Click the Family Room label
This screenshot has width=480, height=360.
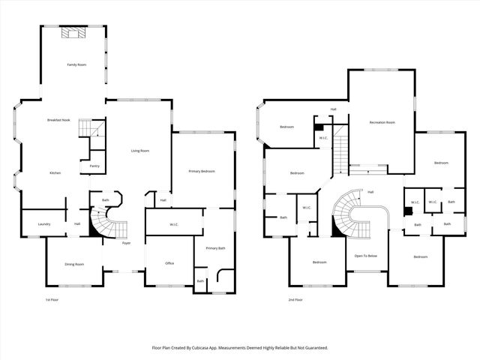76,65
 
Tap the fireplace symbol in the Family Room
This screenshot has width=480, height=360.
73,32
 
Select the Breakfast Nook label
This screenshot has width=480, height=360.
58,121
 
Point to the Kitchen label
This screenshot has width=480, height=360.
55,173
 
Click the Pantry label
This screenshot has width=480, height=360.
94,166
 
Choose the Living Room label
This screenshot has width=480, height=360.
140,151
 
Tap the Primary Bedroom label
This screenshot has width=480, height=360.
202,172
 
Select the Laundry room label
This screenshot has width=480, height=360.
34,223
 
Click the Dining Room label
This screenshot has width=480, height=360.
73,264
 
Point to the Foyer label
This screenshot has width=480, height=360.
126,243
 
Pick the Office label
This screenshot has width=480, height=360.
169,264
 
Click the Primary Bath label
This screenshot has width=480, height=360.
215,247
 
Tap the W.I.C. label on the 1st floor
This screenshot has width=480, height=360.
173,223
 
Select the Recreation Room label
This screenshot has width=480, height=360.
382,122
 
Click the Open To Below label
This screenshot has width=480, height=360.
366,256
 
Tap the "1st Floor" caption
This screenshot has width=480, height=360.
52,299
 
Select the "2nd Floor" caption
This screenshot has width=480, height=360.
295,299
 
